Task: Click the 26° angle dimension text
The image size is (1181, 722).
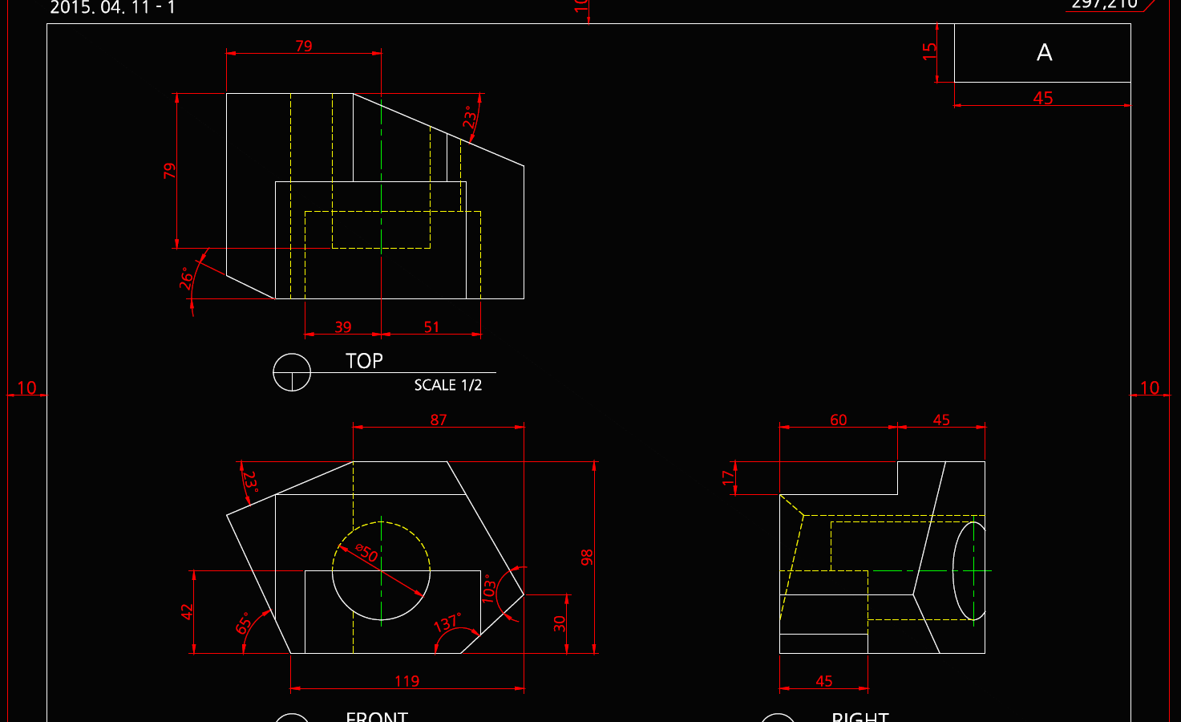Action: pos(186,278)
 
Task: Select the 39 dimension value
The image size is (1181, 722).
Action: pos(343,327)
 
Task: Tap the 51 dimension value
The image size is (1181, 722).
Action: pos(431,327)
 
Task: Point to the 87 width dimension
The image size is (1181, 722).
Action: pos(439,420)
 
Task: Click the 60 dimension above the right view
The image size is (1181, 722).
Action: pos(838,420)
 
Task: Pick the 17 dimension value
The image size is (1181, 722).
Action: pos(728,478)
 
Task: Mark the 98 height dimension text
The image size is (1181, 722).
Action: pos(587,558)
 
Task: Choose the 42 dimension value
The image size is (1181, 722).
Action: pos(187,612)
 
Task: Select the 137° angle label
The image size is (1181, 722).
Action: pos(447,623)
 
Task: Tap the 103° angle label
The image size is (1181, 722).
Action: pos(488,589)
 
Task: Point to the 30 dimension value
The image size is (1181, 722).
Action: pos(560,623)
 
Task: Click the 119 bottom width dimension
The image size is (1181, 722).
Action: pos(406,681)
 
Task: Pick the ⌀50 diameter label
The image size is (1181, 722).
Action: pos(366,553)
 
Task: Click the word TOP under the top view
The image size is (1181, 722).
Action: pos(364,361)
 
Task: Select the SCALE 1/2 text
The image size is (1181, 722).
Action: pos(447,385)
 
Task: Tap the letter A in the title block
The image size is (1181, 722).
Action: pos(1044,53)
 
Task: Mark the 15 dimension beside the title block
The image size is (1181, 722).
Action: pos(929,51)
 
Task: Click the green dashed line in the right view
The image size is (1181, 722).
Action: pos(973,571)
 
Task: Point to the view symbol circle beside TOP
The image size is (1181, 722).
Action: pos(292,372)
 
